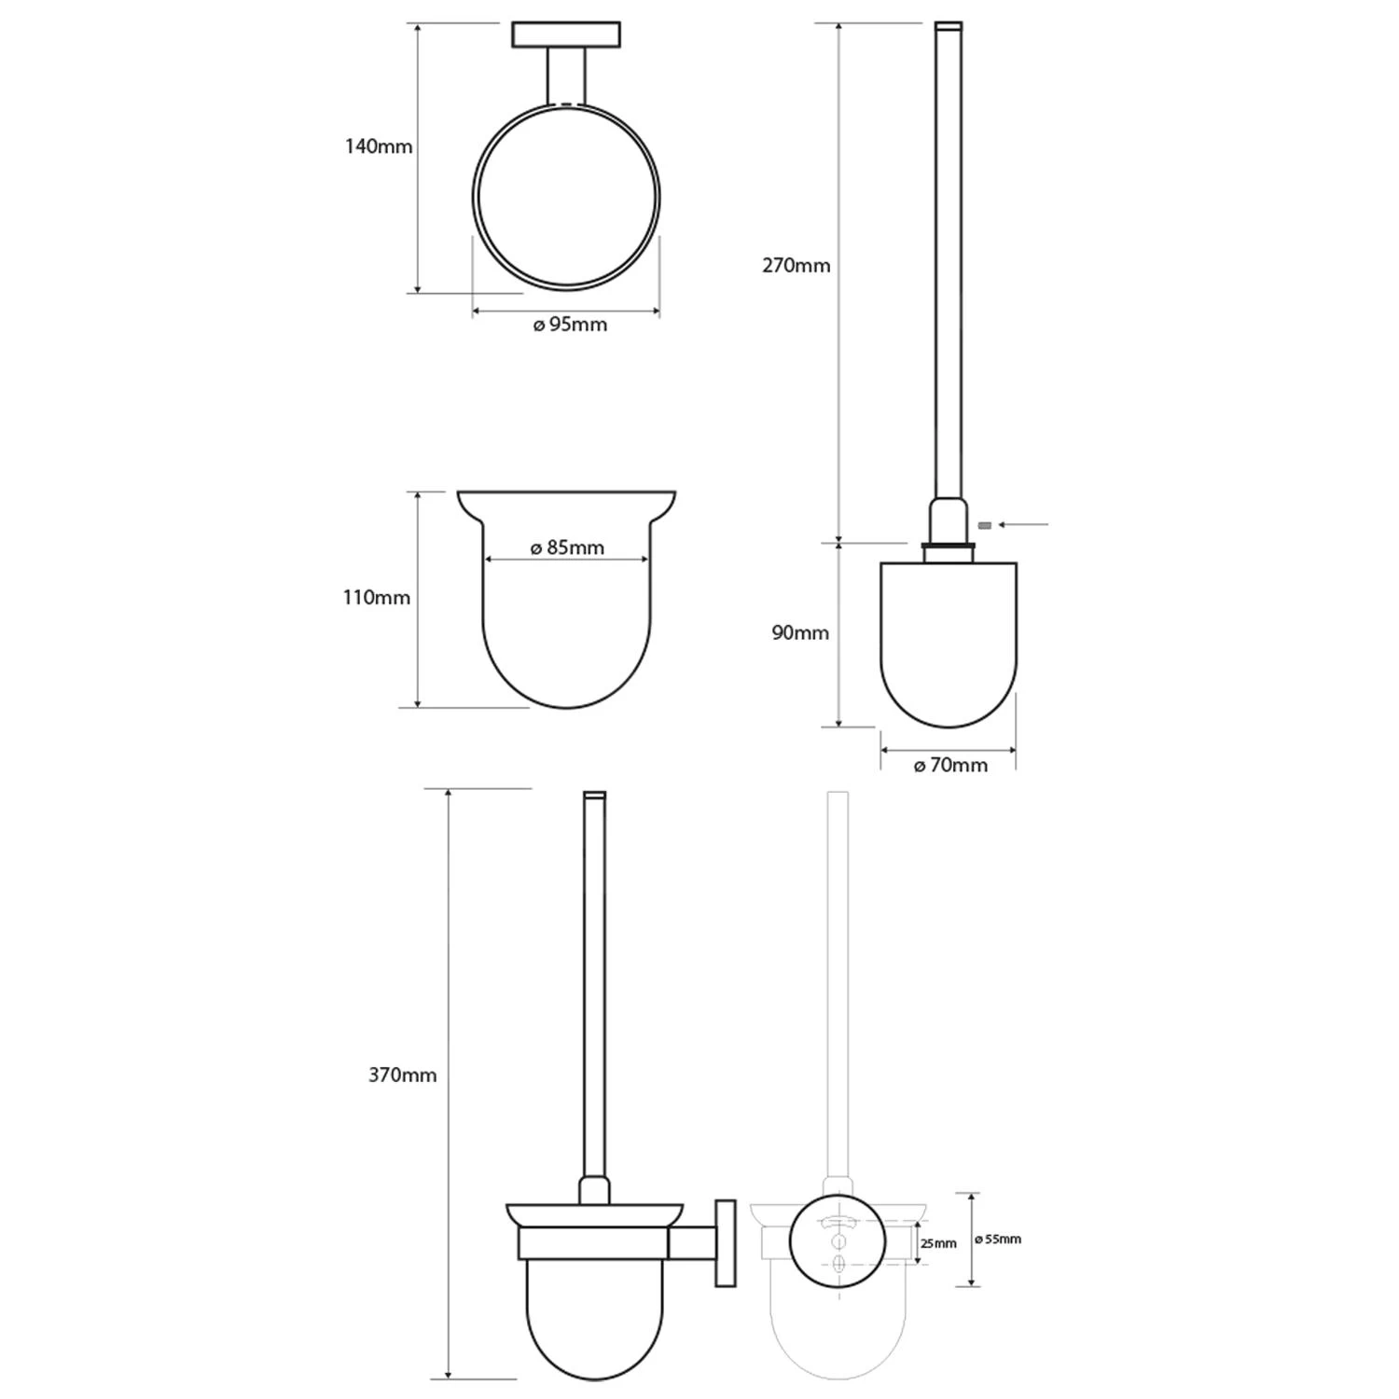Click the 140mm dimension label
pyautogui.click(x=379, y=146)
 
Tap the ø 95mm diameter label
pyautogui.click(x=570, y=325)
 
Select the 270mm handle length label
pyautogui.click(x=796, y=266)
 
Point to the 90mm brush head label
pyautogui.click(x=800, y=633)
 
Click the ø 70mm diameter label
pyautogui.click(x=950, y=766)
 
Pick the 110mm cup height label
pyautogui.click(x=377, y=598)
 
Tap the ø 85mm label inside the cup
pyautogui.click(x=567, y=548)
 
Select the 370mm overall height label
pyautogui.click(x=403, y=1075)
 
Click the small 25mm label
pyautogui.click(x=938, y=1243)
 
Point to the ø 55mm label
pyautogui.click(x=998, y=1240)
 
